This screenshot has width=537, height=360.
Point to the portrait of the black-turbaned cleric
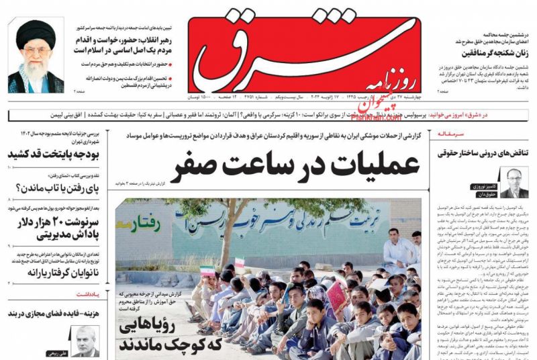(37, 55)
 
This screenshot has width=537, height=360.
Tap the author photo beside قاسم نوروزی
(514, 183)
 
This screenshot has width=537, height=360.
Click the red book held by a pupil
(335, 294)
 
